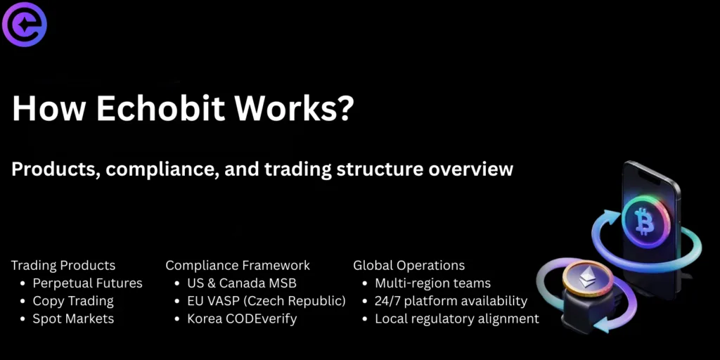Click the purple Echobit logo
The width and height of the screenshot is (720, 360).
pyautogui.click(x=25, y=24)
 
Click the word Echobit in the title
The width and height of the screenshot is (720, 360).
pyautogui.click(x=160, y=109)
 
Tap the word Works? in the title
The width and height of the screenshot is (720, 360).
pyautogui.click(x=294, y=109)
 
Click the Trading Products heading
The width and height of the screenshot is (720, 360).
pyautogui.click(x=63, y=265)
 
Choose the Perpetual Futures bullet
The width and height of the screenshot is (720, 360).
pyautogui.click(x=87, y=283)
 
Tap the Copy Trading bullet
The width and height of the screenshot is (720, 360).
pyautogui.click(x=73, y=301)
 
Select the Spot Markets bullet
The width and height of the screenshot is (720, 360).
pyautogui.click(x=73, y=319)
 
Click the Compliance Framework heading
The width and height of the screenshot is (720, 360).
pyautogui.click(x=238, y=265)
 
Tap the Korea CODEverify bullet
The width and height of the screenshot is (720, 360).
pyautogui.click(x=242, y=319)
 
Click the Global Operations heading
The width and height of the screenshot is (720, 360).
pyautogui.click(x=409, y=265)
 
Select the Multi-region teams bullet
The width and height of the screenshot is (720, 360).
pyautogui.click(x=432, y=283)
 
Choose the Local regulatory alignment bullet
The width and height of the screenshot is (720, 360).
pyautogui.click(x=457, y=319)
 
